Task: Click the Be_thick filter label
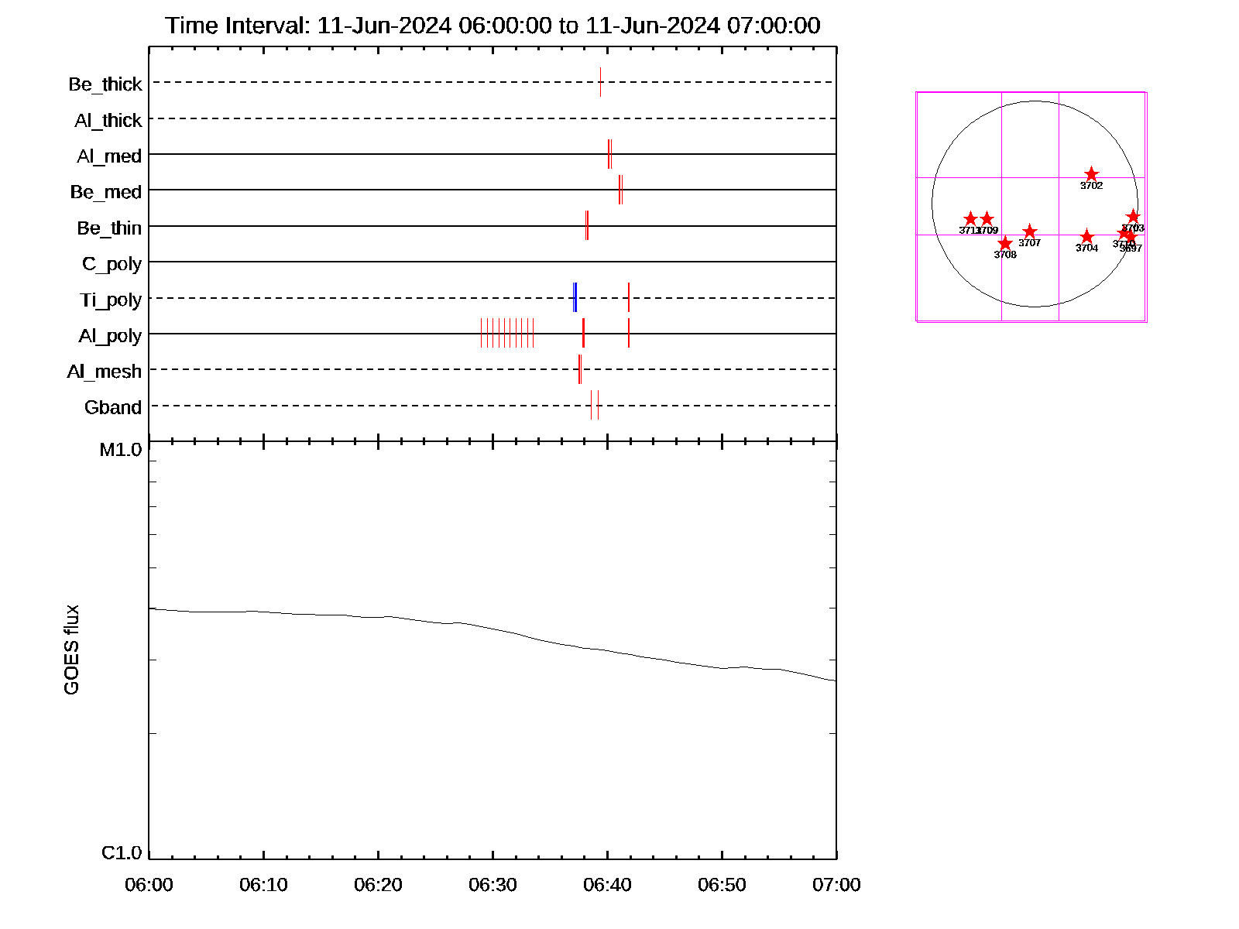(x=105, y=84)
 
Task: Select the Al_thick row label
(x=108, y=120)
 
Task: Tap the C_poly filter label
(x=112, y=264)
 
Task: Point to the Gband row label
(x=113, y=407)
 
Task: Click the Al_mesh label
(x=105, y=372)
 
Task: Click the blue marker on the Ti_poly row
(x=575, y=297)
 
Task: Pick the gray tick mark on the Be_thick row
(x=600, y=82)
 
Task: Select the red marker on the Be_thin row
(x=587, y=225)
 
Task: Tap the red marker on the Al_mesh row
(x=579, y=369)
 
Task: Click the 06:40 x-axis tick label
(x=607, y=884)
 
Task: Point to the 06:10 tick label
(x=263, y=884)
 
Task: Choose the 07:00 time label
(x=836, y=884)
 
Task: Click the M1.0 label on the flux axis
(x=121, y=450)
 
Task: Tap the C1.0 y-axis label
(x=122, y=852)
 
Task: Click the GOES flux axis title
(x=71, y=650)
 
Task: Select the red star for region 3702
(x=1091, y=174)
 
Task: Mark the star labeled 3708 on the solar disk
(x=1005, y=244)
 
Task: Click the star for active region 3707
(x=1029, y=231)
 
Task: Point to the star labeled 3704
(x=1086, y=237)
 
